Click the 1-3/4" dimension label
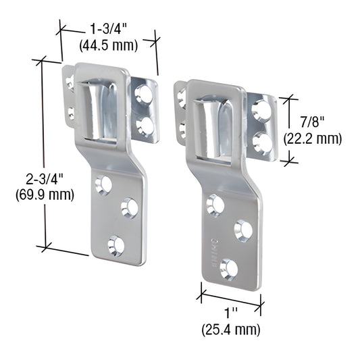[108, 29]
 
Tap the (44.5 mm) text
[108, 45]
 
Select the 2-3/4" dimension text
[45, 179]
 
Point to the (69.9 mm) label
[45, 195]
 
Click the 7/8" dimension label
[312, 122]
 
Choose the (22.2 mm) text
[313, 138]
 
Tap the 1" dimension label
[231, 313]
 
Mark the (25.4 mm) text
[231, 330]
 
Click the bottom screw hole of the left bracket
[116, 246]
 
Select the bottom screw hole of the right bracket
[229, 269]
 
